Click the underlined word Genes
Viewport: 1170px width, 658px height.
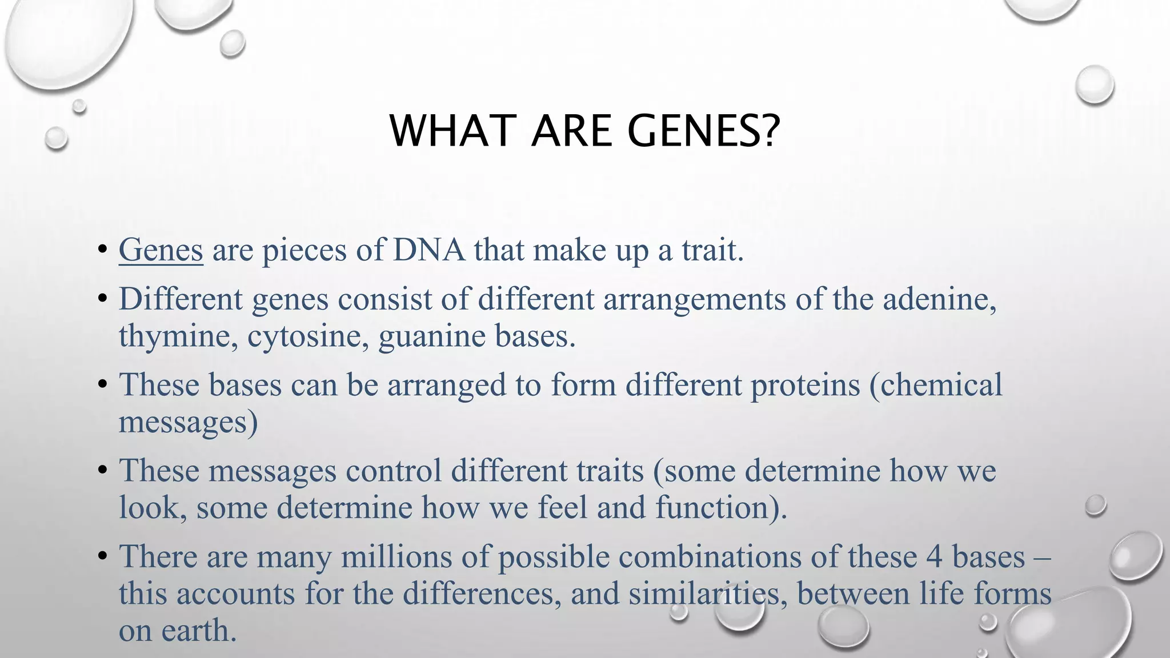(161, 251)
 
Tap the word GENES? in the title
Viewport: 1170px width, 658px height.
(703, 131)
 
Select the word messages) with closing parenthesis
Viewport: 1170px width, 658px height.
(188, 423)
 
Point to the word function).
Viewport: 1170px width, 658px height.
(721, 508)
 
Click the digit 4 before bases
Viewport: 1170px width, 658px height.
(934, 557)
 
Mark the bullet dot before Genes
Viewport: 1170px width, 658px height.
(102, 250)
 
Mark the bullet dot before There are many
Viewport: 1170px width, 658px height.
(102, 556)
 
